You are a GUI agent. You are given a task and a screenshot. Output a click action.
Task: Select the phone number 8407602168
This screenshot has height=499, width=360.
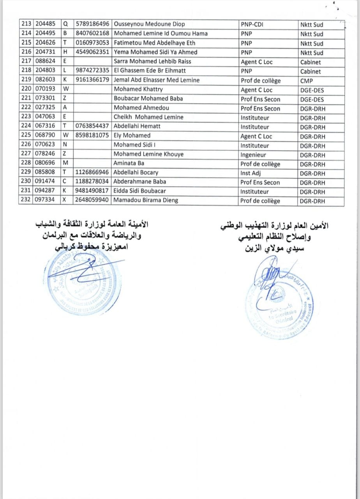pos(92,34)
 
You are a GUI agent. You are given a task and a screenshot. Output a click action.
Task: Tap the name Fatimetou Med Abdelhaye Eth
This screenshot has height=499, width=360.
pos(154,43)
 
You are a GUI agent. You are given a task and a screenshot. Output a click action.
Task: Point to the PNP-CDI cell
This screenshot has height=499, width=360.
pos(252,25)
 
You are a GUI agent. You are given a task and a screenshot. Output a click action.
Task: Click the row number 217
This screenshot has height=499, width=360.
pos(27,61)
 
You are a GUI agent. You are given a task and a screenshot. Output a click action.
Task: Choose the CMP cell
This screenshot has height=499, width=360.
pos(307,81)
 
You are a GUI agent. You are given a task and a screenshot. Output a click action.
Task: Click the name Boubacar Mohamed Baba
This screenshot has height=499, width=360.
pos(148,99)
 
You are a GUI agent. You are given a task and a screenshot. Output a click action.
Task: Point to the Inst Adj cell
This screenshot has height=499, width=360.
pos(252,173)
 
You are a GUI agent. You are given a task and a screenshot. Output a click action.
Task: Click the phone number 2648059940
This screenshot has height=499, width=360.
pos(92,200)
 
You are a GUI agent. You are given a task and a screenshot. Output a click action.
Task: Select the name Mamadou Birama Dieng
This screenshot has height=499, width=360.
pos(146,200)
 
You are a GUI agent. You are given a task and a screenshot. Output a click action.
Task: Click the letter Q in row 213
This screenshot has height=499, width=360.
pos(65,24)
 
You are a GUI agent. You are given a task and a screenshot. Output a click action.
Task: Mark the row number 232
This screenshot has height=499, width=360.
pos(27,200)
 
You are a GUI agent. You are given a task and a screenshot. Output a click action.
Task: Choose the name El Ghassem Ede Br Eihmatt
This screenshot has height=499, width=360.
pos(150,71)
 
